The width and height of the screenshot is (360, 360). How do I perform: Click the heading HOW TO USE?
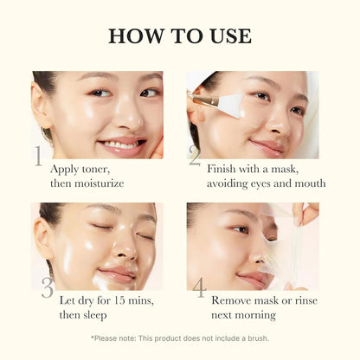pos(180,35)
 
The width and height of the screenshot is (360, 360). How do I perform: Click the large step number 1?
pos(37,156)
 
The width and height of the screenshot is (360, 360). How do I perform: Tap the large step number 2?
pos(195,156)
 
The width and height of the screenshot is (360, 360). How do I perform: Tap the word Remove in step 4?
pos(232,300)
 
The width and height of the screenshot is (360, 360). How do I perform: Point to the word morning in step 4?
pos(253,315)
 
